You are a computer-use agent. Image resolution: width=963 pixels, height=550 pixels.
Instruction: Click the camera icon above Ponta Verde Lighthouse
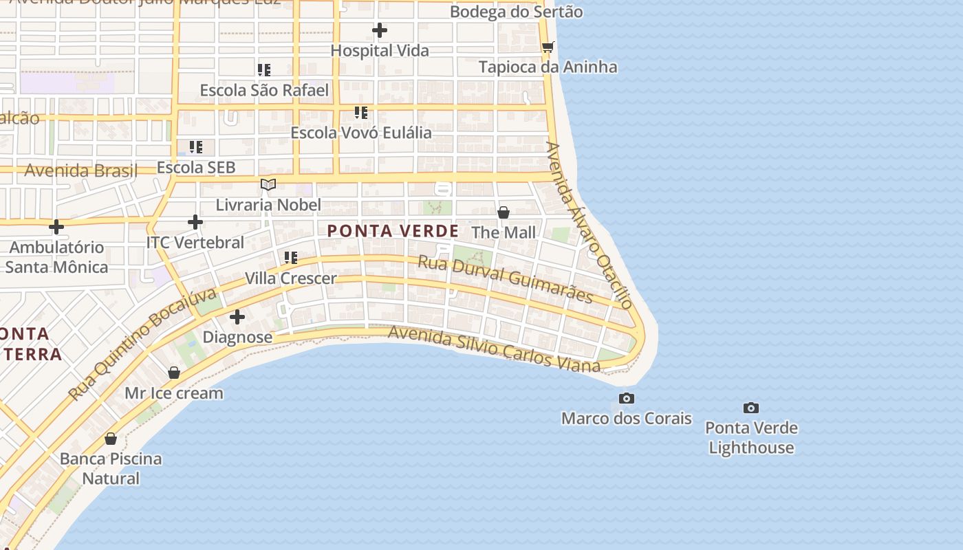[x=751, y=408]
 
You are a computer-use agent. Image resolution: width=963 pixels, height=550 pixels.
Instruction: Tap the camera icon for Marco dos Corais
[x=626, y=398]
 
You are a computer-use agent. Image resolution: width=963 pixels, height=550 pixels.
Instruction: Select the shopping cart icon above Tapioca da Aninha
[x=548, y=47]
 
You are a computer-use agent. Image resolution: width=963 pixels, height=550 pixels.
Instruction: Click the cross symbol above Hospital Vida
[x=379, y=30]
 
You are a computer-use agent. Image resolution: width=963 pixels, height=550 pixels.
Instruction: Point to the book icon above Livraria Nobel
[x=268, y=184]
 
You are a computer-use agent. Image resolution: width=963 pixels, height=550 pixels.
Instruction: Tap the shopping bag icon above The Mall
[x=504, y=212]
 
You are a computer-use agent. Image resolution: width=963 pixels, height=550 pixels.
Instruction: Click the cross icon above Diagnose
[x=237, y=317]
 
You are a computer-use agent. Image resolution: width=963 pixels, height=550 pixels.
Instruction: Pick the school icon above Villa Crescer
[x=291, y=258]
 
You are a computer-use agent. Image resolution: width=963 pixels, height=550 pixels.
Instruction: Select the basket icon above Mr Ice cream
[x=174, y=373]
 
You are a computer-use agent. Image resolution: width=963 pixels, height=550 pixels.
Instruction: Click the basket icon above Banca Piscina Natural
[x=111, y=439]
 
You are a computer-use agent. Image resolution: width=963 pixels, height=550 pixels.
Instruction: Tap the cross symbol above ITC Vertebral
[x=195, y=222]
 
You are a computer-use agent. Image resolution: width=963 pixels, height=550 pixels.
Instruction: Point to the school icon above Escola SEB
[x=196, y=147]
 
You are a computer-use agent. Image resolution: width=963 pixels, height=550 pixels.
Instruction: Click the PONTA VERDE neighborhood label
[x=393, y=231]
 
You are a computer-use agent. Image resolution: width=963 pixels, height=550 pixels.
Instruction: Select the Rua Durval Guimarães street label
[x=506, y=279]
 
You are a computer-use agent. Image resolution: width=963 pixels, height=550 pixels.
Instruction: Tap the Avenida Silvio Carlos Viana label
[x=494, y=349]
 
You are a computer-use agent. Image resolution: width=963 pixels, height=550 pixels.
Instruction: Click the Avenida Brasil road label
[x=81, y=170]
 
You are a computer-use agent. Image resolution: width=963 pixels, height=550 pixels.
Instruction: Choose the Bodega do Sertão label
[x=516, y=12]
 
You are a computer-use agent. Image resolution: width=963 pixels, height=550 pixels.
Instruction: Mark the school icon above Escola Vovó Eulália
[x=361, y=113]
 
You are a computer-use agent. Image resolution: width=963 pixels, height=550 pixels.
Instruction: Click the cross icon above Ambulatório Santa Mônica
[x=56, y=226]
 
